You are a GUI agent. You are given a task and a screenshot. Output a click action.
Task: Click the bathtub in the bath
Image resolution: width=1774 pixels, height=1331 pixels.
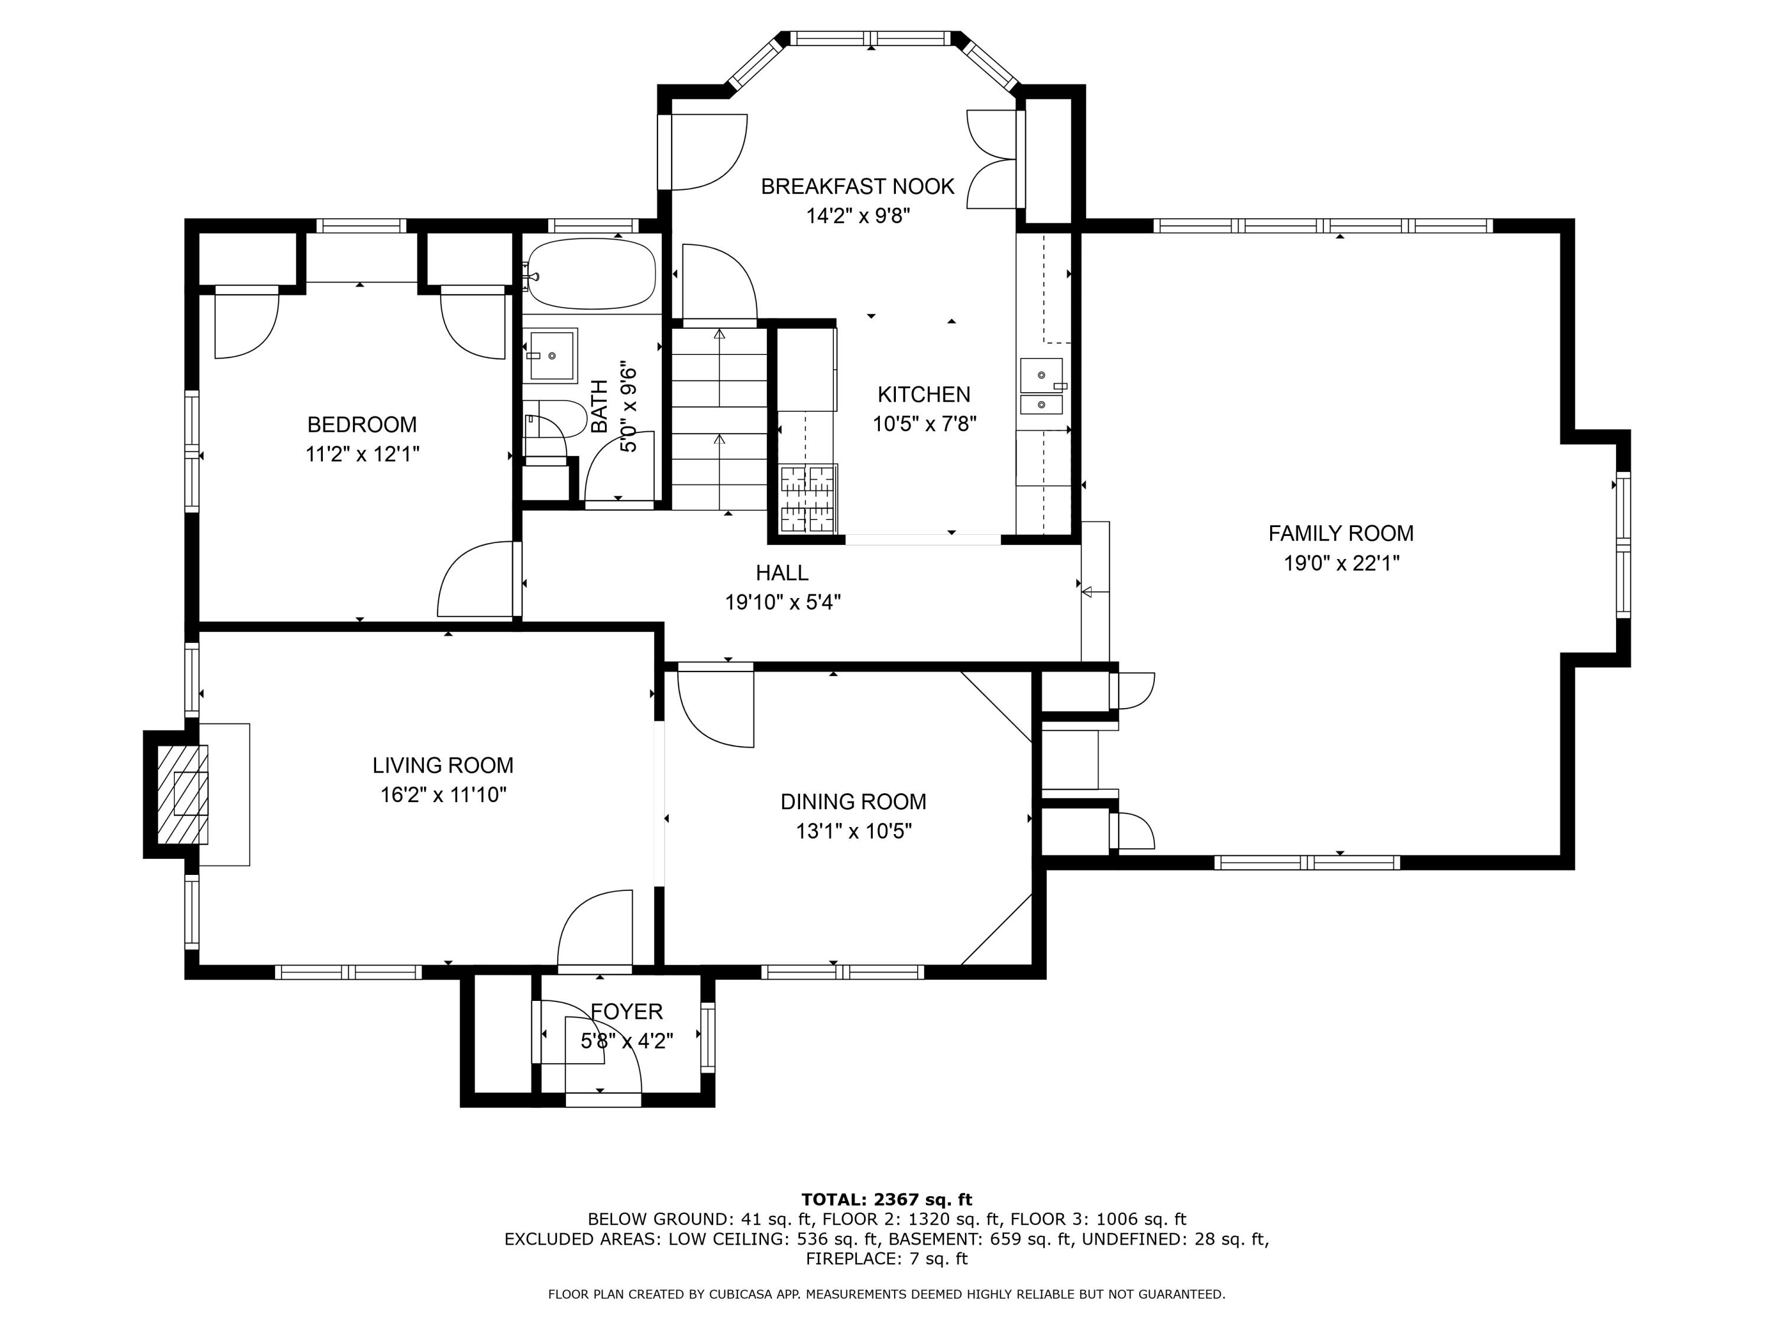tap(592, 273)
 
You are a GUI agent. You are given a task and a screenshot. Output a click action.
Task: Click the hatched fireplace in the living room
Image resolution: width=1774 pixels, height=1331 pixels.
tap(183, 794)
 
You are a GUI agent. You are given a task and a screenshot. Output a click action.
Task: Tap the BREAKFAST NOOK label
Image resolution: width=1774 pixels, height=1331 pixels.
tap(857, 186)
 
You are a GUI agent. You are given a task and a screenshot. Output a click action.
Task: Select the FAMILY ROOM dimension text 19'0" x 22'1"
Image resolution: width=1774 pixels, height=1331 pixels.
tap(1341, 563)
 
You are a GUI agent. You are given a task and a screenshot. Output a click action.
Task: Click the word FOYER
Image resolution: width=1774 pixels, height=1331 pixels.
tap(626, 1012)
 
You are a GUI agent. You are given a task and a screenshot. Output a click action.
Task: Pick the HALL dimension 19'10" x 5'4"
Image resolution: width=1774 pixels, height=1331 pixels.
tap(783, 602)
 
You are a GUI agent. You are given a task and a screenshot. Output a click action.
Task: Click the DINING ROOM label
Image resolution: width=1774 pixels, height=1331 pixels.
tap(853, 802)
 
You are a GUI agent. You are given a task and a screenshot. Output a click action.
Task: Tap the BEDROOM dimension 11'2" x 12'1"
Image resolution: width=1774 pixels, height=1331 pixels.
tap(362, 454)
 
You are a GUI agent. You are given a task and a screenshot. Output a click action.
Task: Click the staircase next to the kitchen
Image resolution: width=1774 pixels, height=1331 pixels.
tap(720, 419)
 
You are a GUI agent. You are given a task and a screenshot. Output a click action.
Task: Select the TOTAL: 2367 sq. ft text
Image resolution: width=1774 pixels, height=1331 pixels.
tap(886, 1200)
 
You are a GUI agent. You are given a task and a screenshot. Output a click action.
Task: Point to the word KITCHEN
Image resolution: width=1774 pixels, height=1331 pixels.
tap(924, 394)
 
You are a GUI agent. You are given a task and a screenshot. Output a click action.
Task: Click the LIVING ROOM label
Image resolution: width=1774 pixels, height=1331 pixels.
tap(443, 765)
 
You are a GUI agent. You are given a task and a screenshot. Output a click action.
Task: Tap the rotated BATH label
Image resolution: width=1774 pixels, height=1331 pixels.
tap(600, 406)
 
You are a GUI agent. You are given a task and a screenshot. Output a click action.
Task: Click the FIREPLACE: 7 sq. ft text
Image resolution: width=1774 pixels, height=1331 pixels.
tap(886, 1259)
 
